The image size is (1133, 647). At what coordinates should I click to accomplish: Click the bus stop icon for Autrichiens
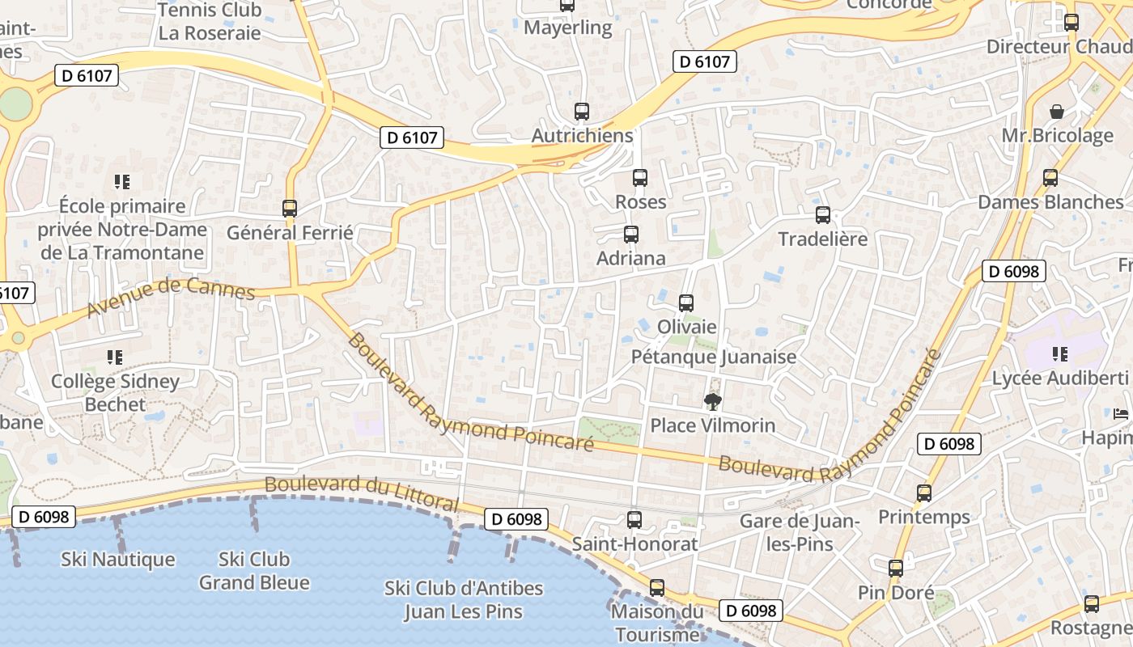(x=582, y=112)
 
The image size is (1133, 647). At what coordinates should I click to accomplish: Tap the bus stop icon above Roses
(x=640, y=177)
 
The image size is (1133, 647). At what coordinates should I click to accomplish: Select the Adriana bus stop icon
(x=631, y=235)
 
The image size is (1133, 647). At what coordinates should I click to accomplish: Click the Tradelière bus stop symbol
(x=823, y=215)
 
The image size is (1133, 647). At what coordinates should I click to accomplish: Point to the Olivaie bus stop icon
(x=686, y=303)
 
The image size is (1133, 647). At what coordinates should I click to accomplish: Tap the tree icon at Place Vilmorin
(x=713, y=402)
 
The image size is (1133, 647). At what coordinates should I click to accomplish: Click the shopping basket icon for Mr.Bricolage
(x=1057, y=112)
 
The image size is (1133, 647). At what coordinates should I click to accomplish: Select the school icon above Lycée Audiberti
(x=1060, y=354)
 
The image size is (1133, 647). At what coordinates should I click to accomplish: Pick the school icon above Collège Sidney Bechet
(x=115, y=357)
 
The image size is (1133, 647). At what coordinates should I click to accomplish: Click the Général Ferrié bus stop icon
(x=290, y=209)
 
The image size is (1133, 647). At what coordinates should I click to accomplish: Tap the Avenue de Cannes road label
(x=171, y=296)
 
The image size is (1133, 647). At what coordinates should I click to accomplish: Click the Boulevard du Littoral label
(x=362, y=493)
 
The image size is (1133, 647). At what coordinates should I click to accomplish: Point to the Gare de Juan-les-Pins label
(x=800, y=532)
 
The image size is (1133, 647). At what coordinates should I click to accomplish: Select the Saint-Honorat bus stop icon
(x=634, y=520)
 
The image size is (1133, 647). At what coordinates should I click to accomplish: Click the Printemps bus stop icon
(x=924, y=493)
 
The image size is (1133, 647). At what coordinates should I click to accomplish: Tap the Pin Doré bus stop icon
(x=896, y=569)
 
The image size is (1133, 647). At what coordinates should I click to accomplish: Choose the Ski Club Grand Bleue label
(x=254, y=570)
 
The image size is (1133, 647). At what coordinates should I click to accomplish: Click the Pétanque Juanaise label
(x=713, y=357)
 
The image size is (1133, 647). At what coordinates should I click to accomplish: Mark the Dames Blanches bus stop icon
(x=1050, y=177)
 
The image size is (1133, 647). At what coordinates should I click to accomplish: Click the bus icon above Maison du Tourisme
(x=657, y=588)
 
